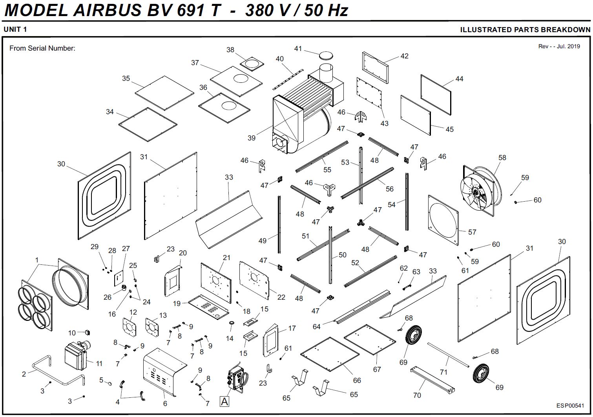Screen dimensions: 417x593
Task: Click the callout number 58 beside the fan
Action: pos(502,158)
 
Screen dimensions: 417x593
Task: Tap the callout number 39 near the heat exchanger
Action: pos(252,138)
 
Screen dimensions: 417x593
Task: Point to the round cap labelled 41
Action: pos(326,55)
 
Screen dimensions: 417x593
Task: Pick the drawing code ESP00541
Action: pos(570,406)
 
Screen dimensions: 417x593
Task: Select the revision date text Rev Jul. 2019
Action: pos(559,46)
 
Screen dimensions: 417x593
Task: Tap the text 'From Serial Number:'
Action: pos(42,48)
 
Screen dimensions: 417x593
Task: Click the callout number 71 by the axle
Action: pos(443,372)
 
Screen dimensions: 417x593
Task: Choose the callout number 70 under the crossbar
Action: pos(417,395)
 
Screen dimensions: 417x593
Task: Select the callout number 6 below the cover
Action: pos(165,403)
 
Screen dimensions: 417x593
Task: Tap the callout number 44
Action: pos(459,79)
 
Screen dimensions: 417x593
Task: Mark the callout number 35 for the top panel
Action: pos(126,78)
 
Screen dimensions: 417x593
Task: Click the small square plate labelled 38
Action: pos(252,63)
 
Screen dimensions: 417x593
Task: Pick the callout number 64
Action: pos(317,326)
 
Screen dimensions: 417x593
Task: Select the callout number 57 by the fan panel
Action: pos(472,232)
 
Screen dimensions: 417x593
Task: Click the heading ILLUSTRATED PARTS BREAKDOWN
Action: pos(525,30)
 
